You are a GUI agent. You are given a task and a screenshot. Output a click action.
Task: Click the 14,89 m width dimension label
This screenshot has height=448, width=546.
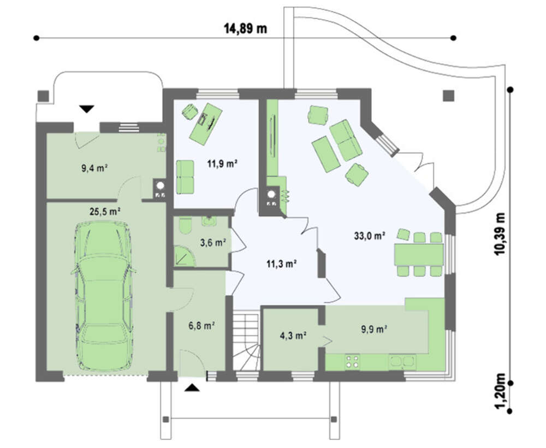(245, 28)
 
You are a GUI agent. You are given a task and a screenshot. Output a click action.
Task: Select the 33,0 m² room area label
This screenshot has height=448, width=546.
(370, 236)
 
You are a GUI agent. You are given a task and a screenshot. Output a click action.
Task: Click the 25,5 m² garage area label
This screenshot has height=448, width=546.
(105, 211)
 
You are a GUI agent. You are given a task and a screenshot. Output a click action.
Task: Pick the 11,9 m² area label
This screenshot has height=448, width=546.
(223, 163)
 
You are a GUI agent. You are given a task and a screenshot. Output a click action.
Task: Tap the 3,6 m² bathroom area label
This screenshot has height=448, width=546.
(213, 243)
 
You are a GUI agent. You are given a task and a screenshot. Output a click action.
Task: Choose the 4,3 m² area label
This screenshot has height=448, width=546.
(293, 336)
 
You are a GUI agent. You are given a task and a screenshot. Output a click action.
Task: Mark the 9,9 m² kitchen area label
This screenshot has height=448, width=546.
(375, 329)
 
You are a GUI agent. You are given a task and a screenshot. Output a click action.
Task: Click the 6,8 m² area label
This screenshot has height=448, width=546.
(201, 326)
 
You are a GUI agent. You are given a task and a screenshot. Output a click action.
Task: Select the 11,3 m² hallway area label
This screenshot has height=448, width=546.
(282, 264)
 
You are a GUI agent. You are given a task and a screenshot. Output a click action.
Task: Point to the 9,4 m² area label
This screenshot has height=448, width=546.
(94, 169)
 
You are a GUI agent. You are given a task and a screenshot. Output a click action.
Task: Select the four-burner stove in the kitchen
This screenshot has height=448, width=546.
(352, 361)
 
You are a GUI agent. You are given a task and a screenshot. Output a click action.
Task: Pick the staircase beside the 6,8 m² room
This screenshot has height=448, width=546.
(246, 341)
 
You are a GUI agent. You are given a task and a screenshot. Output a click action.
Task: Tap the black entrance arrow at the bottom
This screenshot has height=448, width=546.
(192, 388)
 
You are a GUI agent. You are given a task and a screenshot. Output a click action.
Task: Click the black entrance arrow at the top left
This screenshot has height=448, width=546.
(87, 109)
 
